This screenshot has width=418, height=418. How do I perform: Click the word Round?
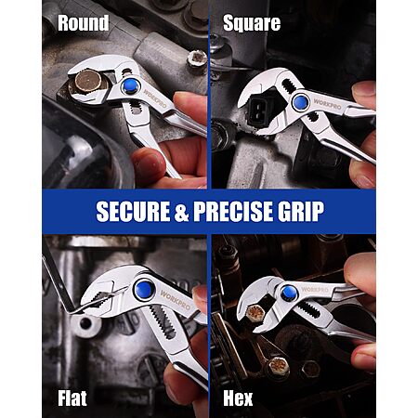(x=84, y=23)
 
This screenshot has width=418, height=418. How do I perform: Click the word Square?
(x=252, y=23)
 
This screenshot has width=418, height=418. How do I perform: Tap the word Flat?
(x=72, y=398)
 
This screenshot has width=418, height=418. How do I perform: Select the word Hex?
(x=238, y=398)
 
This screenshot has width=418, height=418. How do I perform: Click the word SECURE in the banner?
(x=133, y=212)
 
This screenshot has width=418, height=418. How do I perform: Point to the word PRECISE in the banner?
(x=232, y=212)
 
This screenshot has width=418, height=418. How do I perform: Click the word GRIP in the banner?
(x=301, y=212)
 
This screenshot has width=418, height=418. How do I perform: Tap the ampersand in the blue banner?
(x=182, y=212)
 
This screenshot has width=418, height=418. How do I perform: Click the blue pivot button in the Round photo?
(x=130, y=86)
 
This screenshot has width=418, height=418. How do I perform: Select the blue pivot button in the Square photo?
(x=300, y=102)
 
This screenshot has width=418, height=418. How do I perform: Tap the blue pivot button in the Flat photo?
(x=144, y=290)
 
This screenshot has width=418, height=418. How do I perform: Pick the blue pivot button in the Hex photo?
(x=289, y=294)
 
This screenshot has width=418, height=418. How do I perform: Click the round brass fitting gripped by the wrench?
(x=87, y=81)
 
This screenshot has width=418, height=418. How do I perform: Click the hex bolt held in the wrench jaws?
(x=255, y=313)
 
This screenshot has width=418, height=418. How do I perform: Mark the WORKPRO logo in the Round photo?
(x=155, y=98)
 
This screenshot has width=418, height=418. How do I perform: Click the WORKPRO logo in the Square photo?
(x=327, y=104)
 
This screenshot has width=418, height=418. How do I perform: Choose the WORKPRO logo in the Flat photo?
(x=176, y=300)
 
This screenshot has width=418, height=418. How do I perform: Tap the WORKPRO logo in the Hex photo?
(x=315, y=290)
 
